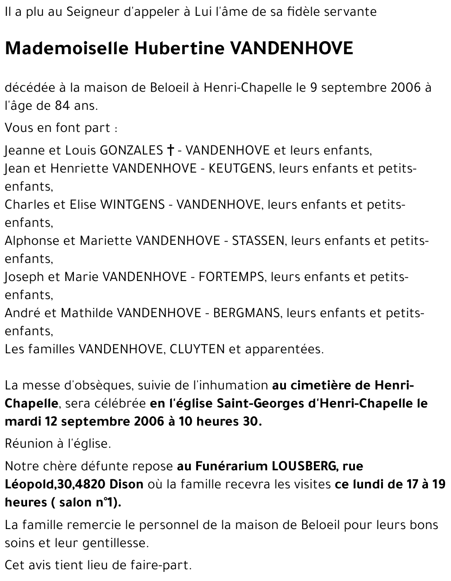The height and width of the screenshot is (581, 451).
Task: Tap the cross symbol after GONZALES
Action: (x=171, y=150)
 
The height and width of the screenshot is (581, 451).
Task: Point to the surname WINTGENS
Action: (x=132, y=204)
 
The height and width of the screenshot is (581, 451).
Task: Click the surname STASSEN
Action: (x=258, y=240)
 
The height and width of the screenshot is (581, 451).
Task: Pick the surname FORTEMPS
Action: (x=231, y=276)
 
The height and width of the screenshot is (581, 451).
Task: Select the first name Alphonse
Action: (x=31, y=240)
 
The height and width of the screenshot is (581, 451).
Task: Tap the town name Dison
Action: (x=126, y=484)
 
